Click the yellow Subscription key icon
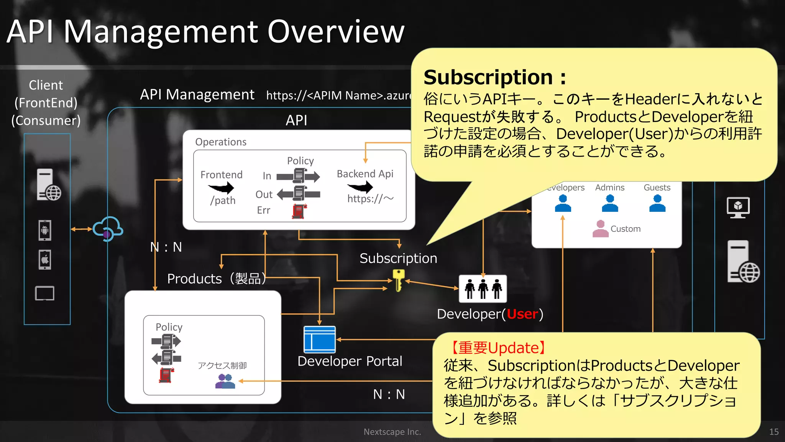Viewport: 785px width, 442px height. coord(398,280)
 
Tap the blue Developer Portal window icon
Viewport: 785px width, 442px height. coord(319,340)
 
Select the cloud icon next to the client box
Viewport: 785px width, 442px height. coord(108,229)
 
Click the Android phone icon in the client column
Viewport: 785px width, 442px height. coord(45,230)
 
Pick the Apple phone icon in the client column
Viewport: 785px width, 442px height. coord(45,259)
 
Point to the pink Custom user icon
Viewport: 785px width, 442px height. coord(600,229)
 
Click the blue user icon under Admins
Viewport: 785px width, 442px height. coord(610,203)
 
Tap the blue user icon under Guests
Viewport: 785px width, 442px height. coord(657,203)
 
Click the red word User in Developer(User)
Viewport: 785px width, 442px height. coord(522,314)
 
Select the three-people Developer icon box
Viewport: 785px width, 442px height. coord(483,289)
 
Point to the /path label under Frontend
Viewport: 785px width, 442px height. coord(223,200)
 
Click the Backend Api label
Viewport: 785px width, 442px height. coord(365,174)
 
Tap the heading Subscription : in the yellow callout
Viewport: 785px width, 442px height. coord(494,78)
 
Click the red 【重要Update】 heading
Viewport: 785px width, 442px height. coord(496,348)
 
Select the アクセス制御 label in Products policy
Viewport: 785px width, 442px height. coord(222,366)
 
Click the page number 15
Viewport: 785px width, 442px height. coord(774,432)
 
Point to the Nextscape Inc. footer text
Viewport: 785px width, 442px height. coord(392,432)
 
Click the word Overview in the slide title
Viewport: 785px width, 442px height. coord(336,31)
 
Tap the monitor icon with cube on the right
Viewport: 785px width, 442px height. coord(738,208)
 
